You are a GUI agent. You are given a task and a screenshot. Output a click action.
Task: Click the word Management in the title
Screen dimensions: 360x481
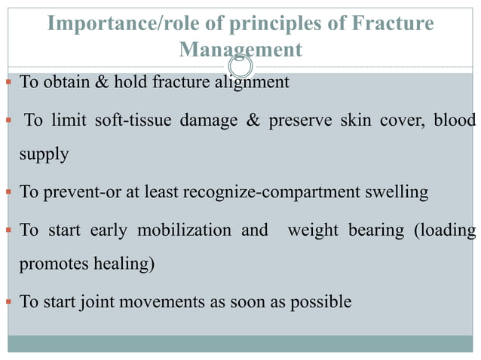(240, 50)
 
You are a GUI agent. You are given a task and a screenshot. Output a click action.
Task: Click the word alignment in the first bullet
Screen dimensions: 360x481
(252, 82)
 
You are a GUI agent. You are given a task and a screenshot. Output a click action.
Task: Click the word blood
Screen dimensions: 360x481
(455, 121)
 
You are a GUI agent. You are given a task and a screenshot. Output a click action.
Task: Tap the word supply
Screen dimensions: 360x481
(44, 155)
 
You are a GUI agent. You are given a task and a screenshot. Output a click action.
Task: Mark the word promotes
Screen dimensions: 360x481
(50, 266)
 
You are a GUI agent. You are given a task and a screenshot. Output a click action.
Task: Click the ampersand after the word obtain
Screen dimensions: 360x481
(101, 82)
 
